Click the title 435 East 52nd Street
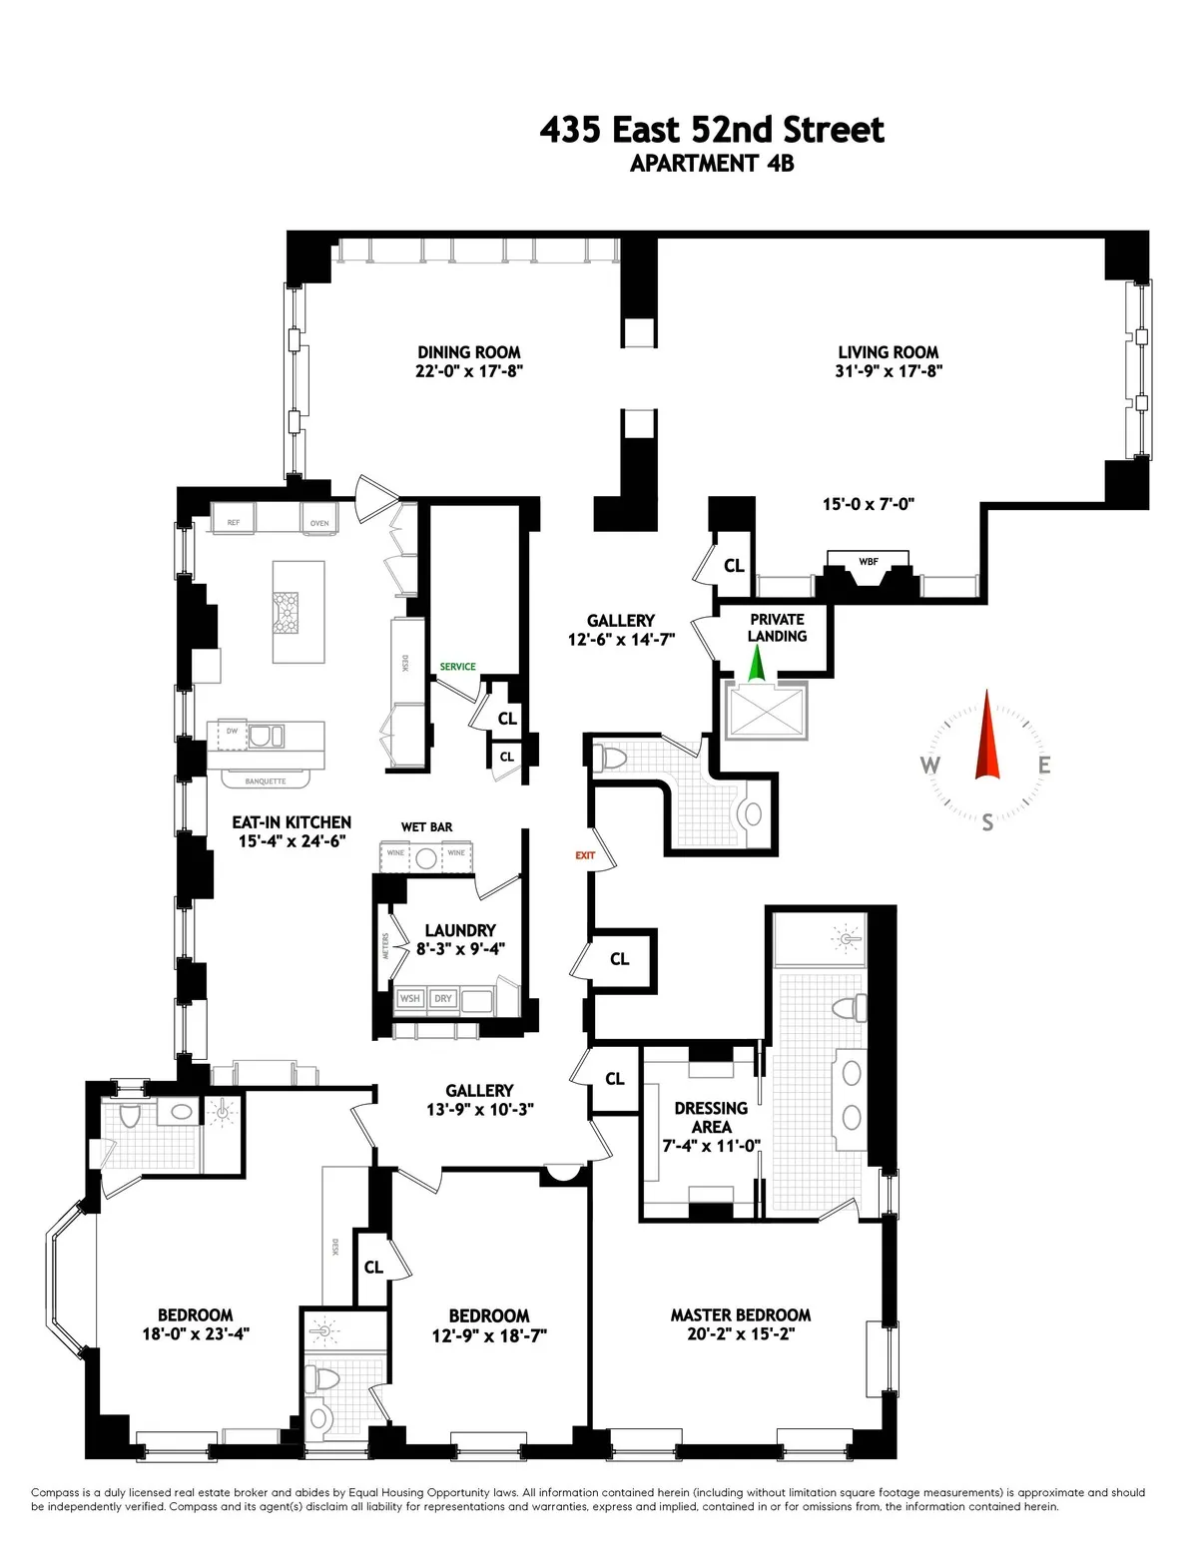tap(712, 131)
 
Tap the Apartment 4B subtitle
tap(712, 164)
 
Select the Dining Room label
tap(468, 352)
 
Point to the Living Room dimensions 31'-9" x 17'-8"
tap(888, 371)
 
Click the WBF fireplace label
tap(869, 562)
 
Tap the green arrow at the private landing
tap(756, 663)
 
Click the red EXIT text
tap(585, 855)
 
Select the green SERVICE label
tap(458, 667)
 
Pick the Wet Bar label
tap(426, 827)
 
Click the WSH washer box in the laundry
tap(410, 998)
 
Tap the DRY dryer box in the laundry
tap(443, 998)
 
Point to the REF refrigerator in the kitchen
tap(234, 522)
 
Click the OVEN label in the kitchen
tap(319, 522)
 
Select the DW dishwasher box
tap(233, 732)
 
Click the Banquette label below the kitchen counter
tap(266, 782)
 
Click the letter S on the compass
tap(987, 822)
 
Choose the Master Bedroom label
tap(740, 1315)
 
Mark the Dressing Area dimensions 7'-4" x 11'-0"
tap(711, 1146)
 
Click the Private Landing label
tap(777, 628)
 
